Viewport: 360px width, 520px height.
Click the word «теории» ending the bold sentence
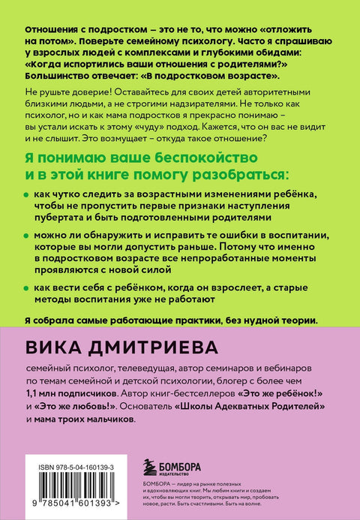pos(299,319)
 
